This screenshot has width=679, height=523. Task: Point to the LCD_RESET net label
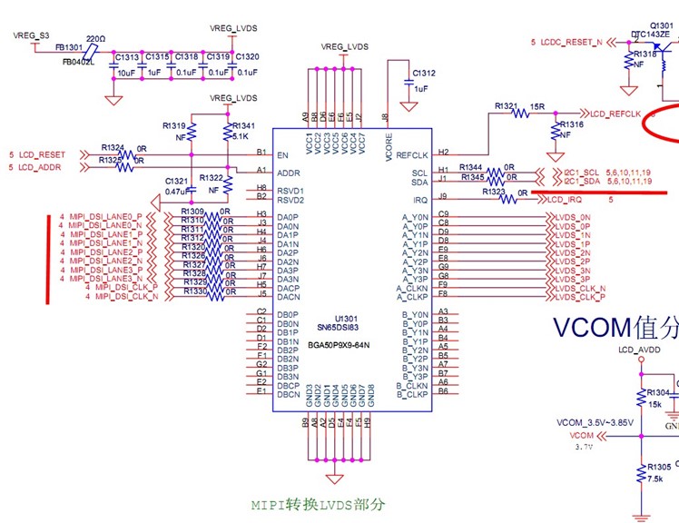42,155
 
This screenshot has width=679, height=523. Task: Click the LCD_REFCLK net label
615,113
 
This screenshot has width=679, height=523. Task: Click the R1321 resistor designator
506,106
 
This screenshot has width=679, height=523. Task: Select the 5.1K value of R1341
241,136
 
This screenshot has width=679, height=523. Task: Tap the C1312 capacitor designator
423,74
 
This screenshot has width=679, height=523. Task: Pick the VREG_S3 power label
31,35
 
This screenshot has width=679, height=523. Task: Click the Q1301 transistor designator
664,25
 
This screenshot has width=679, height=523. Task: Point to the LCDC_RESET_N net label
571,42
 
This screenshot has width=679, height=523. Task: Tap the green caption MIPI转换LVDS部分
318,504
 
